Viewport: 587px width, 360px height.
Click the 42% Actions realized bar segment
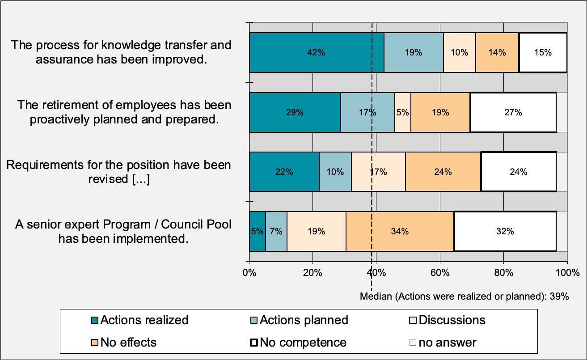tap(316, 52)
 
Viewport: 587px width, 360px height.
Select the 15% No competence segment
tap(543, 52)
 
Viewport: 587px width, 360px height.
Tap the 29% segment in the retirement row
tap(295, 112)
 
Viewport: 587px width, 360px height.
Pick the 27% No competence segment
tap(513, 112)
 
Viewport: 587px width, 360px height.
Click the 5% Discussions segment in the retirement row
tap(402, 112)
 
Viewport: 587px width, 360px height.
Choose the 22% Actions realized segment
tap(284, 172)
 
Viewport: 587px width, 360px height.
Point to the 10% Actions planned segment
tap(335, 172)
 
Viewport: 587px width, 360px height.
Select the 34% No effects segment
tap(400, 231)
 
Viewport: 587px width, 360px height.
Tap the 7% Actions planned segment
tap(276, 231)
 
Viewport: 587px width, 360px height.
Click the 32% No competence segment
tap(505, 231)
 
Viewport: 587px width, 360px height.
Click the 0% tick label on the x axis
tap(249, 272)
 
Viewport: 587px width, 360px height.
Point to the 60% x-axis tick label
tap(440, 272)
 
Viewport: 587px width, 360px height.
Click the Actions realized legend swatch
tap(94, 321)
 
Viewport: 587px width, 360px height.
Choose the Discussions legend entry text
tap(452, 320)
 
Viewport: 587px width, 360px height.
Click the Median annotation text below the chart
tap(464, 296)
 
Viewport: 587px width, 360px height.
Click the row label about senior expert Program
tap(123, 231)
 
